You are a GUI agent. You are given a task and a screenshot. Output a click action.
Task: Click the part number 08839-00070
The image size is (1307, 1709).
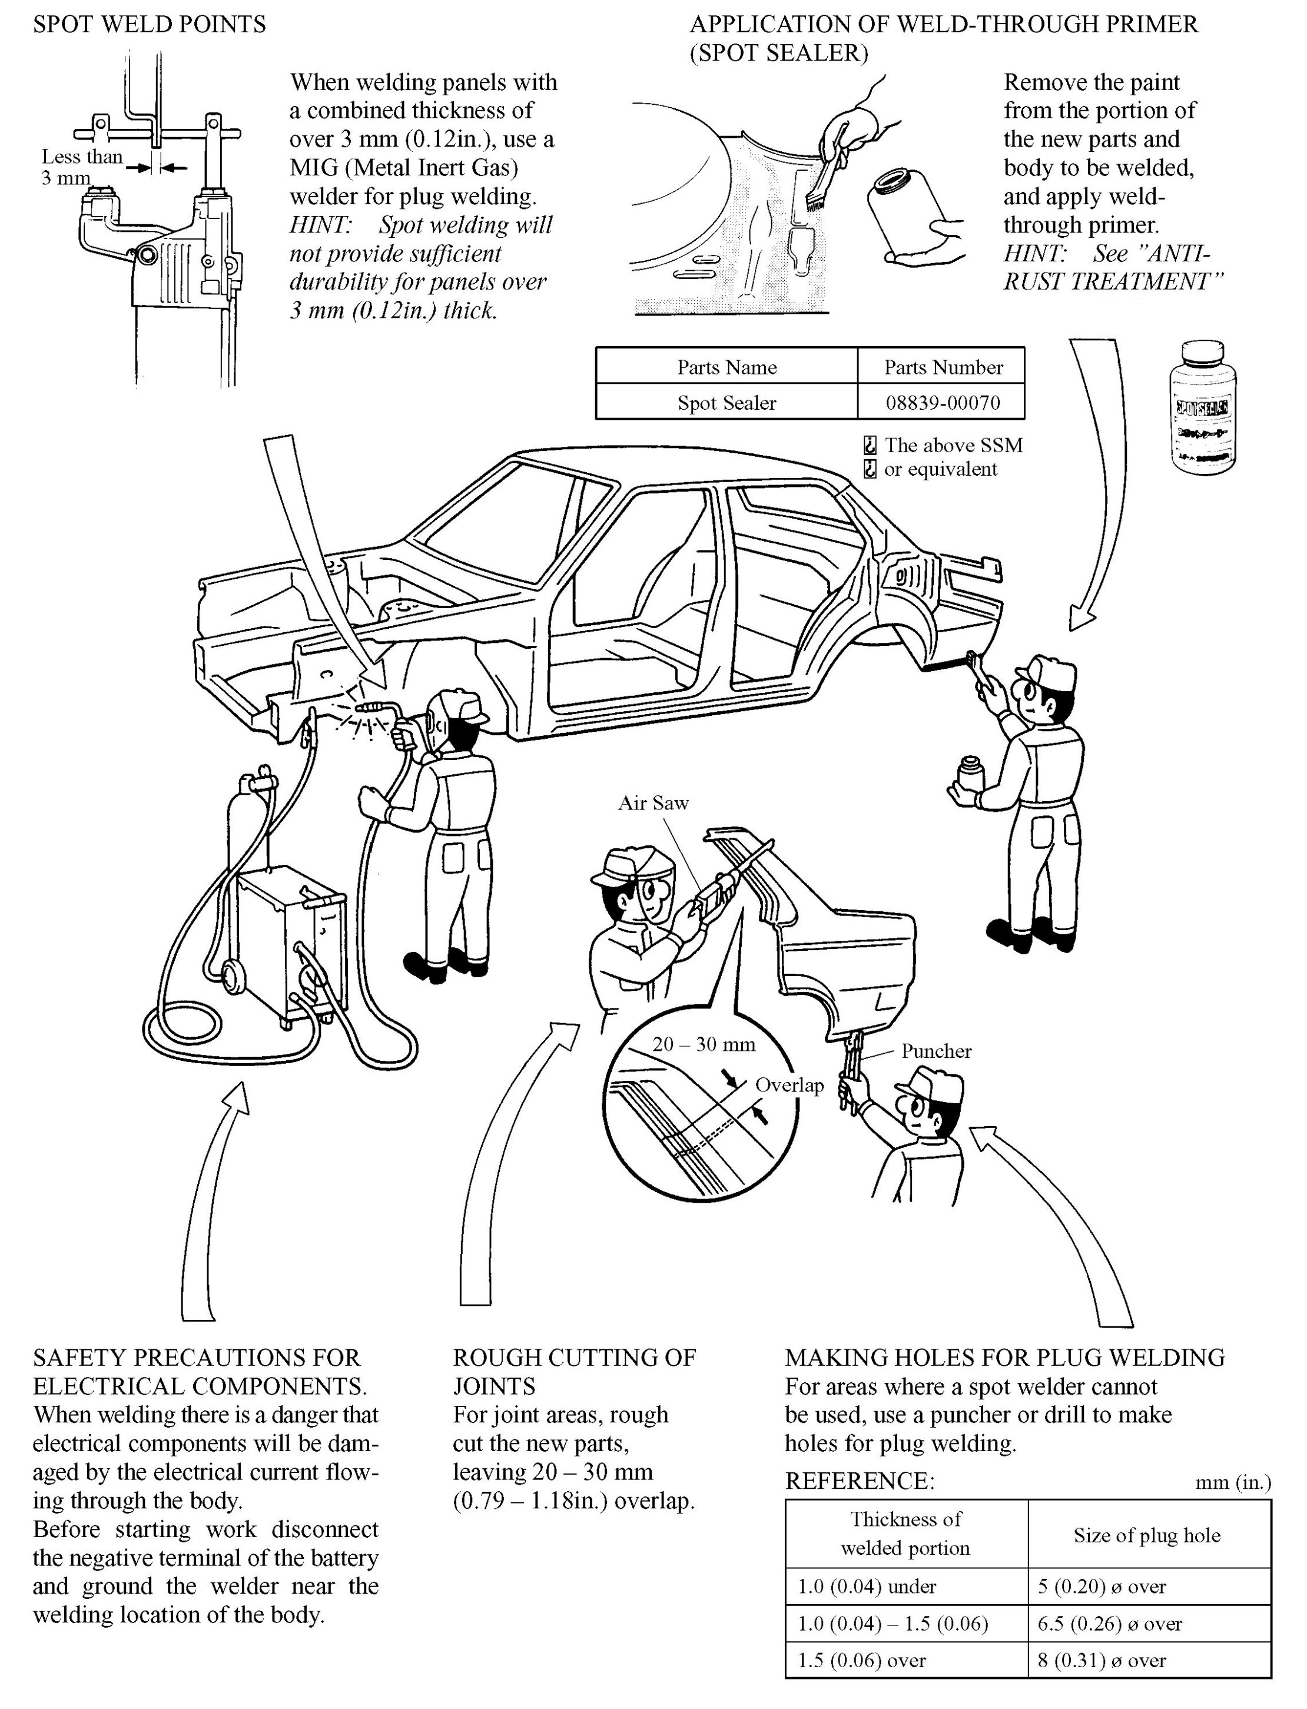click(943, 402)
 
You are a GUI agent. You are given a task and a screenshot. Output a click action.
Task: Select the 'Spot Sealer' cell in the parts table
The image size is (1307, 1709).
click(727, 402)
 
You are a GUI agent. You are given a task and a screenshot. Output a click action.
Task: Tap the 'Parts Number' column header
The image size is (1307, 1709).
click(943, 367)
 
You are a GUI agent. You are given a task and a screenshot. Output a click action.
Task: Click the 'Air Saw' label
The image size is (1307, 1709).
click(653, 803)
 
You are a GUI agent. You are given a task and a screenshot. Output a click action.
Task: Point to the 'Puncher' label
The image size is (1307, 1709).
click(936, 1051)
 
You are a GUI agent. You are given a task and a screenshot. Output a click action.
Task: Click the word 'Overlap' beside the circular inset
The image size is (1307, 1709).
click(789, 1084)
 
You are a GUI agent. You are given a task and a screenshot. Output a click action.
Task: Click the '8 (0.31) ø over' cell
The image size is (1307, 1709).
click(1102, 1660)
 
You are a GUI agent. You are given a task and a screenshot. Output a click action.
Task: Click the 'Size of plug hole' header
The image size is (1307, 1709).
click(1147, 1535)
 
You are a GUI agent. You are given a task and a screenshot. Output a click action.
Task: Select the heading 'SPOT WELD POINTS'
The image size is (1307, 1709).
click(150, 25)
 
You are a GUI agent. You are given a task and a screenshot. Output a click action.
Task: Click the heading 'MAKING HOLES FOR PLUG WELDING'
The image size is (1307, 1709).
click(1004, 1358)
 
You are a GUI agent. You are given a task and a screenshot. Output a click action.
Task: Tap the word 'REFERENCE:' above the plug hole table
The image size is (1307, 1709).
click(860, 1481)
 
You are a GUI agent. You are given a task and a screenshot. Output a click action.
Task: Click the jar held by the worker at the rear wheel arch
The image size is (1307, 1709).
click(969, 774)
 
